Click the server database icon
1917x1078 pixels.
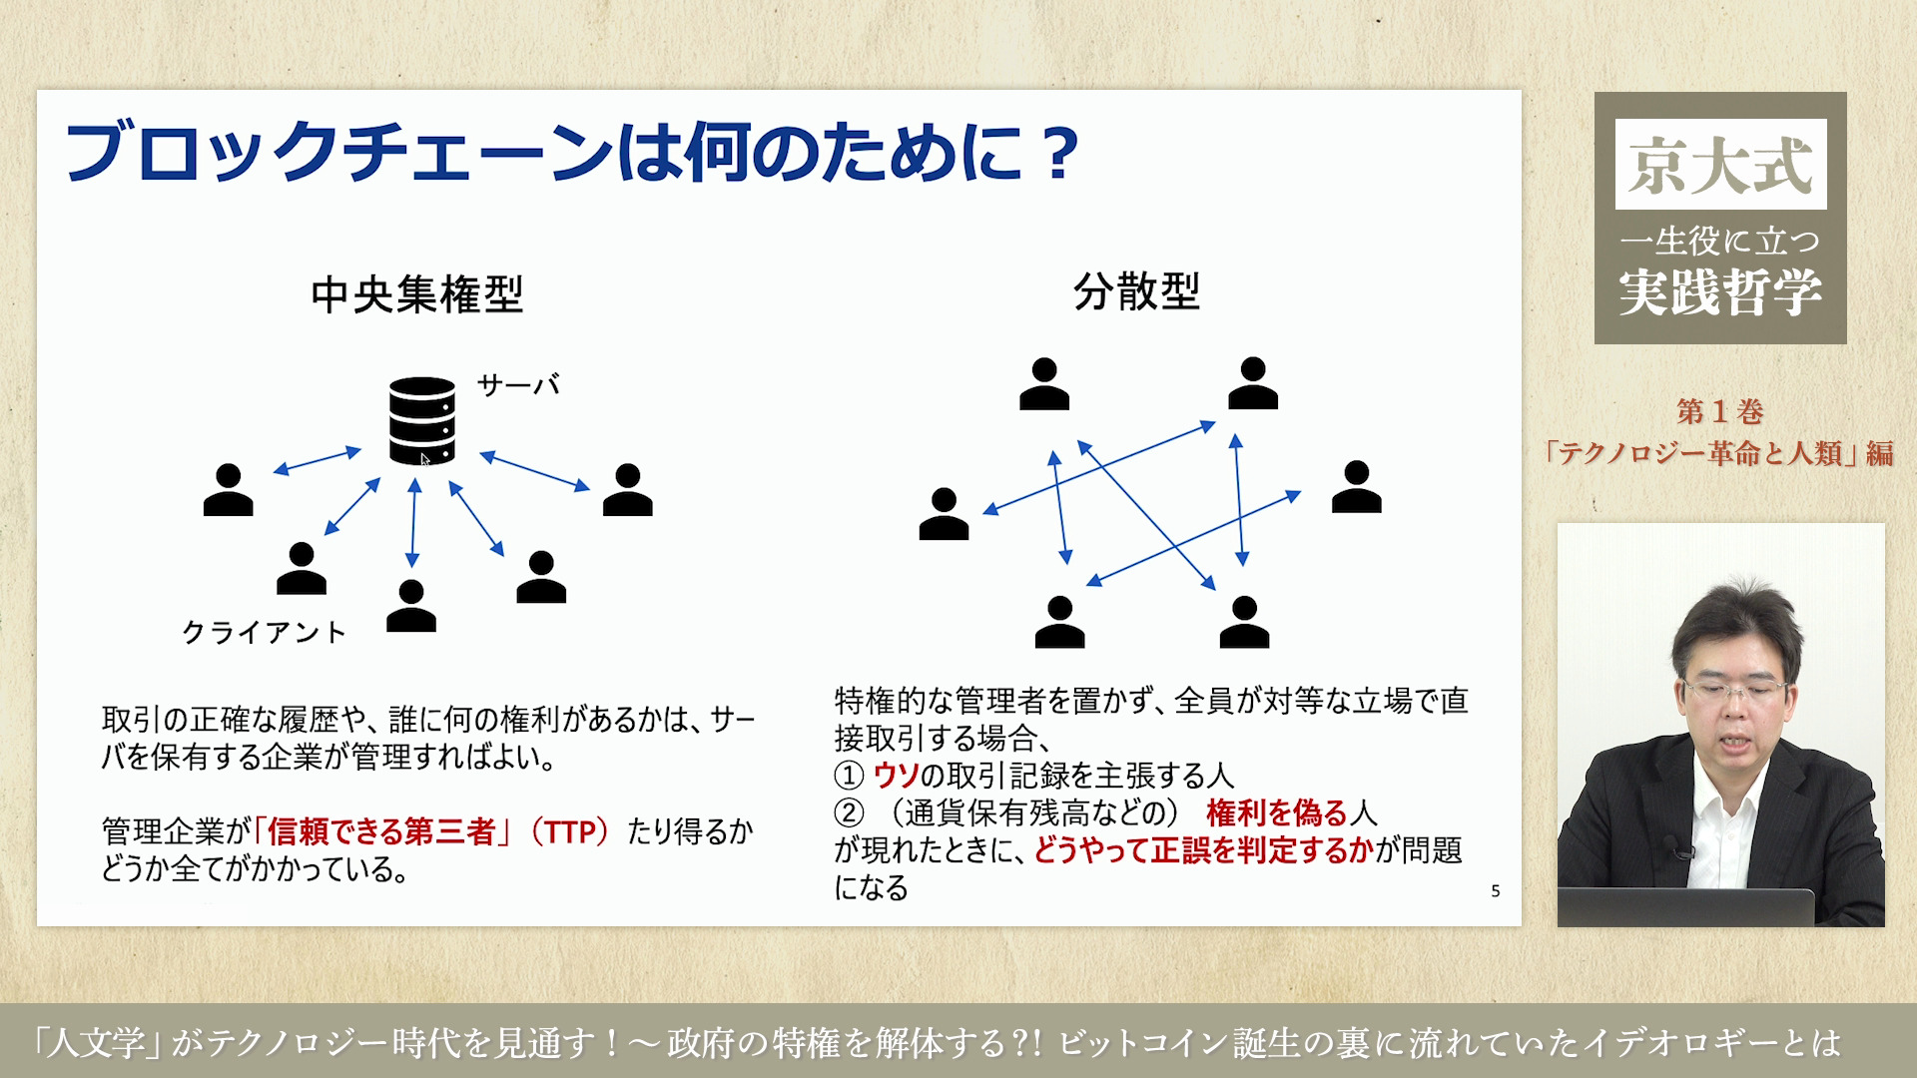(x=421, y=420)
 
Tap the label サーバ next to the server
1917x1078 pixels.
(x=517, y=385)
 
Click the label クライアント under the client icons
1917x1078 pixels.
(x=264, y=633)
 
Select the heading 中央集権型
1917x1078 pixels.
(x=416, y=294)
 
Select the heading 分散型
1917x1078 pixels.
(x=1136, y=292)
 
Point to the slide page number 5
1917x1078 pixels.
(x=1495, y=890)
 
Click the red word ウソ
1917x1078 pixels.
(x=896, y=776)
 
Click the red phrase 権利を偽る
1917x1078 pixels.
(x=1277, y=812)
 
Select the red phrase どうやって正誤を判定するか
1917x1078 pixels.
(x=1204, y=850)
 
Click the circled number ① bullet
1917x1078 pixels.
(x=849, y=776)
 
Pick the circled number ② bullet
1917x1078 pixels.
(x=849, y=812)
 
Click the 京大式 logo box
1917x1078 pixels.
(x=1720, y=165)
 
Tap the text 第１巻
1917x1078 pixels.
(x=1719, y=411)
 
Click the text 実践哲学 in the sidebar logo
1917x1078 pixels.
(x=1720, y=291)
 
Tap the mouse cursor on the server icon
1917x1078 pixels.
(x=424, y=459)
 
